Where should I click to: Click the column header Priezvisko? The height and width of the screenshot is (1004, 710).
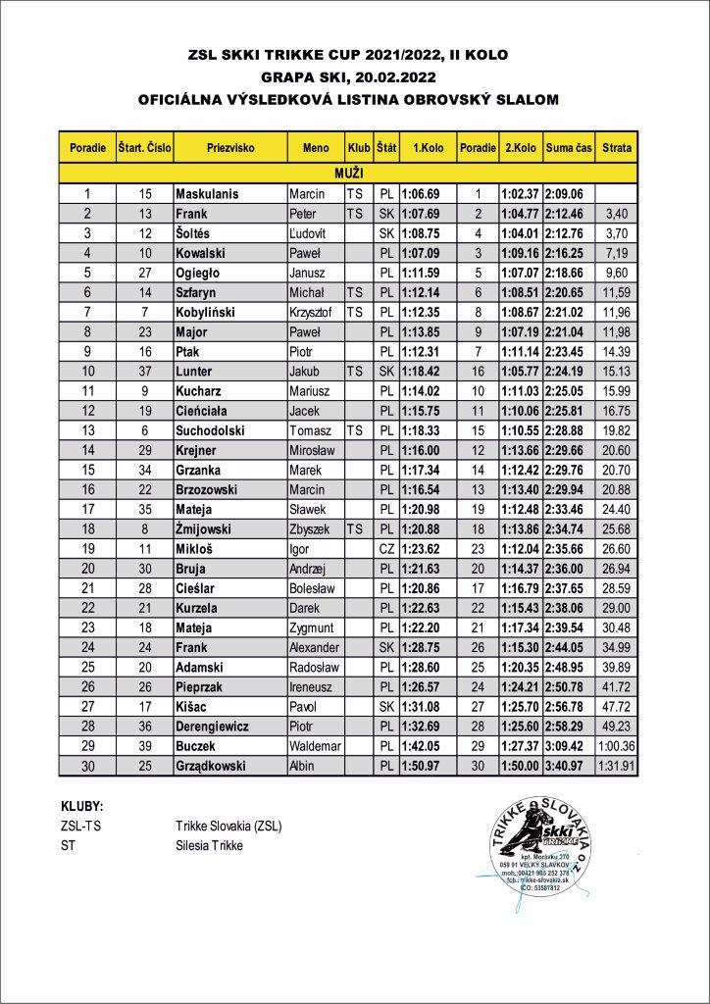point(231,147)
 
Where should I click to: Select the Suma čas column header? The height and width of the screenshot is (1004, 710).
point(569,147)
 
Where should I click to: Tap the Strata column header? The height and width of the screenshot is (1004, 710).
point(617,147)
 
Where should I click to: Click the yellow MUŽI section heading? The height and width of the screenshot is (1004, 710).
point(348,173)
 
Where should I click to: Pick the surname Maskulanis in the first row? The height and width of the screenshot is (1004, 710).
point(207,194)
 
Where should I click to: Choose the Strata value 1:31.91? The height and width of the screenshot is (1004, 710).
point(617,765)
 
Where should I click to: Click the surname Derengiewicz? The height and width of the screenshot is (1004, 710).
point(213,726)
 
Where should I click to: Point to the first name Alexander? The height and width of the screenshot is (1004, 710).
point(314,647)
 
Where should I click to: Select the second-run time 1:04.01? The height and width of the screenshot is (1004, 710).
point(520,232)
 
